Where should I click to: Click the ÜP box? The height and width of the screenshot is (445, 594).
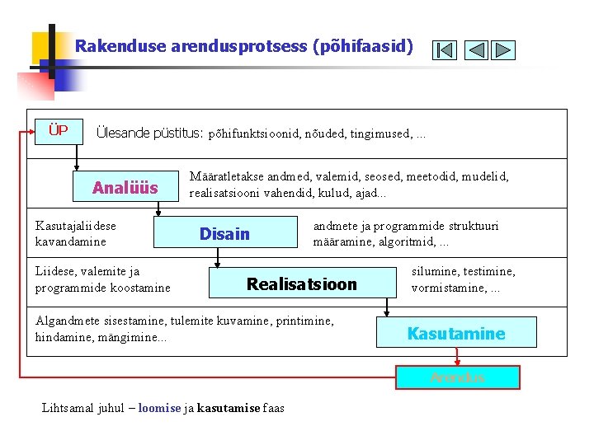pyautogui.click(x=58, y=131)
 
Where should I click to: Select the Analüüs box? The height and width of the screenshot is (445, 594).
pyautogui.click(x=125, y=188)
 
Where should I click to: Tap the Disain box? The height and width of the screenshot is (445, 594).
pyautogui.click(x=224, y=234)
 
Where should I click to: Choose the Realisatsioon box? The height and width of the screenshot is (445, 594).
pyautogui.click(x=302, y=284)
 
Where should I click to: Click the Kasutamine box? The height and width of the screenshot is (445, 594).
pyautogui.click(x=456, y=334)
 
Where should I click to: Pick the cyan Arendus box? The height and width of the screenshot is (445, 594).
pyautogui.click(x=457, y=377)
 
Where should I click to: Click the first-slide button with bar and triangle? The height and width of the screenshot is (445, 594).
pyautogui.click(x=444, y=50)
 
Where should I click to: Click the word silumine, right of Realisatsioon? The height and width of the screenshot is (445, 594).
pyautogui.click(x=438, y=271)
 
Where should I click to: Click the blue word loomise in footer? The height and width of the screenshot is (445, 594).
pyautogui.click(x=159, y=408)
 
